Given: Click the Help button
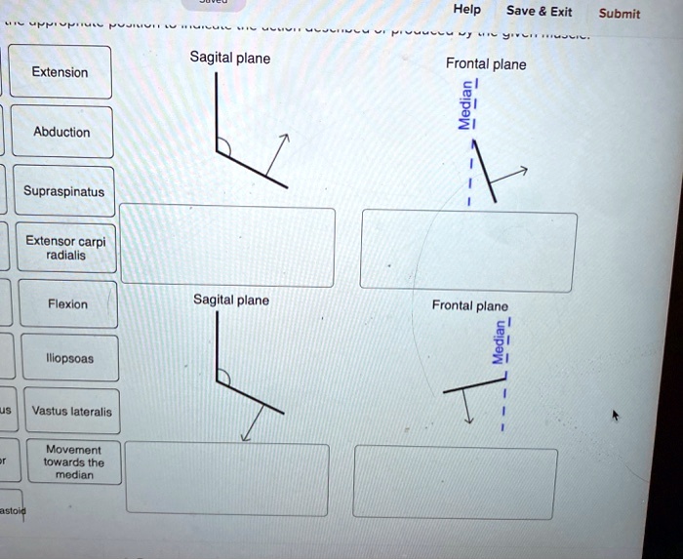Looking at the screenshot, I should click(x=467, y=11).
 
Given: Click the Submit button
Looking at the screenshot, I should click(x=619, y=13).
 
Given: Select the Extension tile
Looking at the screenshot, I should click(x=60, y=72).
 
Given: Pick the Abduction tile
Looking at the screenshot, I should click(x=61, y=132).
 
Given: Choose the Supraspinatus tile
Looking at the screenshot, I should click(x=64, y=192).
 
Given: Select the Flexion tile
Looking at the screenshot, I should click(x=67, y=304).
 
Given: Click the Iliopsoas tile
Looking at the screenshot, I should click(x=70, y=358).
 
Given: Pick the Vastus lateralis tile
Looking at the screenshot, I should click(x=71, y=412).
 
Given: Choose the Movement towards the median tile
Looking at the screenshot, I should click(x=74, y=462).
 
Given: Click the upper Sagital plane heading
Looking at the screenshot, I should click(x=230, y=59).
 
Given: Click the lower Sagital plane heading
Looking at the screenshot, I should click(x=230, y=300).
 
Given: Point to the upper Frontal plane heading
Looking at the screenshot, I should click(x=485, y=64).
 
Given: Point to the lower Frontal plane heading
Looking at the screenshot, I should click(x=469, y=305).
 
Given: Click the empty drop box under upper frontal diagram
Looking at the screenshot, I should click(x=468, y=250).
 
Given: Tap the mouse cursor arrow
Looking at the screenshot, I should click(x=615, y=416).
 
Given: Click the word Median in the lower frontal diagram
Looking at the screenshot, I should click(x=498, y=343).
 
